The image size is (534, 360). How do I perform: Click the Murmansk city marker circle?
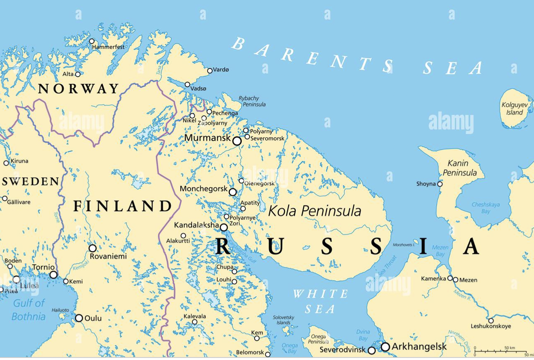237,141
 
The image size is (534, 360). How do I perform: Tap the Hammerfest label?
108,47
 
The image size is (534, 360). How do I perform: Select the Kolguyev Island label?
512,109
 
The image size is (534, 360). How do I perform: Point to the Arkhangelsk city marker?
385,346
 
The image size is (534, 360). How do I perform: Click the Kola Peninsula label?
314,211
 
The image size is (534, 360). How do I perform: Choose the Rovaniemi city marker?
93,248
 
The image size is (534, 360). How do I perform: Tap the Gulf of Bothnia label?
28,310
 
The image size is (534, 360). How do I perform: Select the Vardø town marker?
210,71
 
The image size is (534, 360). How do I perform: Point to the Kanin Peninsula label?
459,168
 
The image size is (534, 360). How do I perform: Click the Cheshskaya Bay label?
485,208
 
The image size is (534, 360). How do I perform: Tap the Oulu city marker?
79,318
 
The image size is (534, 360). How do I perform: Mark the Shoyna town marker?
440,184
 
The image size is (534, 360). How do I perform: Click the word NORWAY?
78,89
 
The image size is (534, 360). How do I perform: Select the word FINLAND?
122,206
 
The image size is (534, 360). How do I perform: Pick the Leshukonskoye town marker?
491,320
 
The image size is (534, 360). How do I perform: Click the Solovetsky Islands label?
284,320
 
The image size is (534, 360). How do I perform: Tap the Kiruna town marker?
6,163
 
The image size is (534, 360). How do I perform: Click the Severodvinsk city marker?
371,350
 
